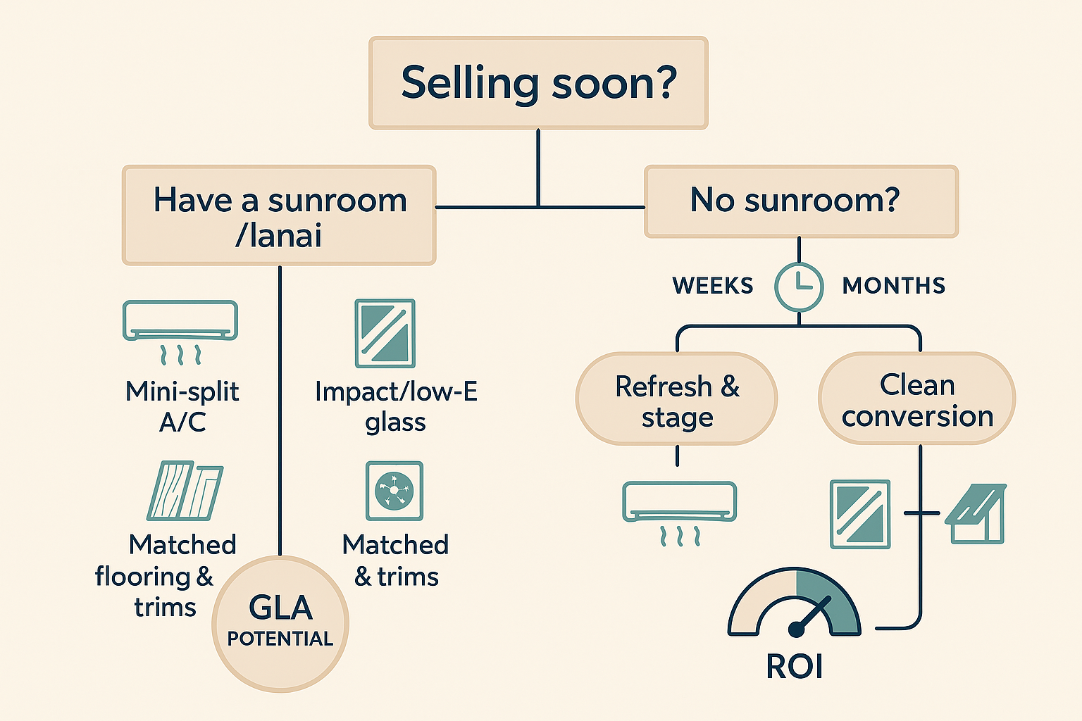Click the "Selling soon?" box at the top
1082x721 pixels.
click(x=538, y=83)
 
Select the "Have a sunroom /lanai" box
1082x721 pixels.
click(x=279, y=215)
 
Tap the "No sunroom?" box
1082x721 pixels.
click(x=801, y=201)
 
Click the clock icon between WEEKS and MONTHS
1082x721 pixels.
click(x=799, y=287)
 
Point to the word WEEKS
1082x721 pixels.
click(x=712, y=286)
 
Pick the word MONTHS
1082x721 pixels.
click(x=893, y=286)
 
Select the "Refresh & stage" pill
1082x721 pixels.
click(x=676, y=399)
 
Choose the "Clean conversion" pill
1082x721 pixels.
click(x=916, y=399)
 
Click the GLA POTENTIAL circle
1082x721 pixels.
click(x=280, y=624)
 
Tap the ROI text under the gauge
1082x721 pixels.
click(x=794, y=667)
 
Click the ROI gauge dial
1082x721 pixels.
click(x=794, y=606)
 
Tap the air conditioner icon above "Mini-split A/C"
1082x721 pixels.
click(x=180, y=331)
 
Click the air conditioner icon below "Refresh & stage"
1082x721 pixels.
click(x=679, y=511)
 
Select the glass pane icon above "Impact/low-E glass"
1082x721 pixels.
click(x=385, y=334)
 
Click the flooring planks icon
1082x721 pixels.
click(x=185, y=491)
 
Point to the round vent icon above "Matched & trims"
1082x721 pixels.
click(x=394, y=491)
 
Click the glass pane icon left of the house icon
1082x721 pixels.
click(x=860, y=514)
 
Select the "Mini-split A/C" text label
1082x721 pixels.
click(x=182, y=406)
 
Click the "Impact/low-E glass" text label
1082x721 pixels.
click(x=396, y=406)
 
